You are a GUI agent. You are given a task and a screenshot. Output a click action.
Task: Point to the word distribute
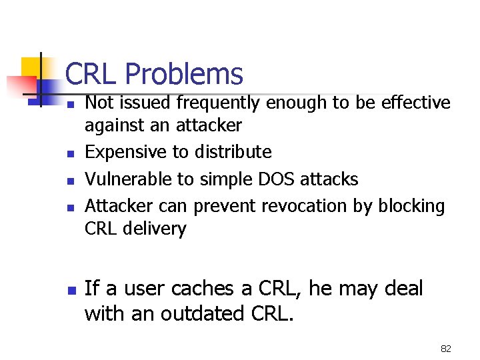(x=233, y=153)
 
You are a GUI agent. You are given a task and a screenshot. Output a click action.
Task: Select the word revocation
(x=304, y=206)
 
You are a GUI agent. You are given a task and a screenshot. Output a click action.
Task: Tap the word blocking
(x=411, y=206)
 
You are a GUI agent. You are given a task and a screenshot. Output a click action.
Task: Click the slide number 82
(x=445, y=348)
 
